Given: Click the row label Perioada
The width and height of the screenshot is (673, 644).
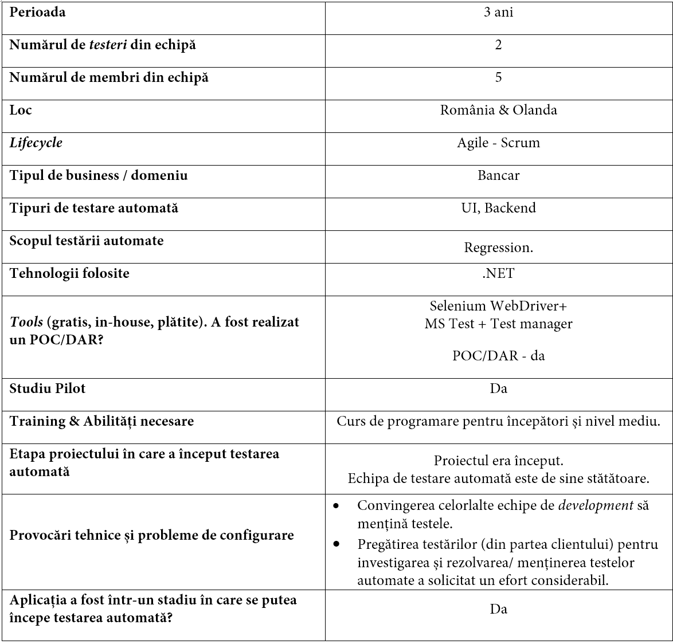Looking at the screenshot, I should pyautogui.click(x=37, y=13).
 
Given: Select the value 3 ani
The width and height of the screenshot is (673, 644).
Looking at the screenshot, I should pyautogui.click(x=498, y=13).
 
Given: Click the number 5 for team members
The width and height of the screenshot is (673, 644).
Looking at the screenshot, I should pyautogui.click(x=498, y=77).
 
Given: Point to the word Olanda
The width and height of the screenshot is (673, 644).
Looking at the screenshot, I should pyautogui.click(x=535, y=110).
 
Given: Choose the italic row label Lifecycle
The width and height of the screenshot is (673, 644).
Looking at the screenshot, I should pyautogui.click(x=36, y=143).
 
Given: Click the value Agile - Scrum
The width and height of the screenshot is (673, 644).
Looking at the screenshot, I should pyautogui.click(x=498, y=143).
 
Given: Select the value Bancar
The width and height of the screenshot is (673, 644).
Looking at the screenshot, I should pyautogui.click(x=498, y=175).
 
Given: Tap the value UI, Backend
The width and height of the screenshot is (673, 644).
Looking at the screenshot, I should pyautogui.click(x=498, y=208).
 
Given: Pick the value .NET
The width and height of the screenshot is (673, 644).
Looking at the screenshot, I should pyautogui.click(x=498, y=273).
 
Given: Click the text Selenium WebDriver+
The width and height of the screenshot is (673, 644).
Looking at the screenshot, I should pyautogui.click(x=498, y=306).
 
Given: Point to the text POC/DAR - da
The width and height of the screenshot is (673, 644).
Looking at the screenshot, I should pyautogui.click(x=498, y=356).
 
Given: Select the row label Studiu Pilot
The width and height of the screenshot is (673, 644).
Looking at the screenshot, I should pyautogui.click(x=48, y=388).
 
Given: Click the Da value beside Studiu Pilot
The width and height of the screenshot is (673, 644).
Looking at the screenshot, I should pyautogui.click(x=498, y=389).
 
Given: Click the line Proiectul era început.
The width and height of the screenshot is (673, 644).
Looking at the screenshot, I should pyautogui.click(x=498, y=461).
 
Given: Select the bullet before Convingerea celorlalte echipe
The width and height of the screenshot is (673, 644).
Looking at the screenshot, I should pyautogui.click(x=336, y=506).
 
